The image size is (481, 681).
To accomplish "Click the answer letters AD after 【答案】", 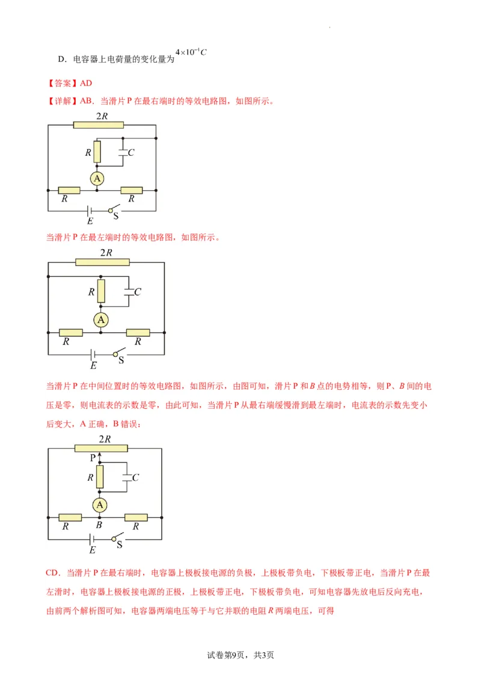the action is tap(86, 84).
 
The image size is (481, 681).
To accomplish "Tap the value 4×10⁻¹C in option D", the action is tap(191, 52).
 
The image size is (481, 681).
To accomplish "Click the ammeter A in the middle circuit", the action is tap(101, 319).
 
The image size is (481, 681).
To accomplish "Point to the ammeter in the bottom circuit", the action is tap(99, 504).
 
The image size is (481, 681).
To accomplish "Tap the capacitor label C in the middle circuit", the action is tap(138, 292).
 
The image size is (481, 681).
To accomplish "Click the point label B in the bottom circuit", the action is tap(99, 526).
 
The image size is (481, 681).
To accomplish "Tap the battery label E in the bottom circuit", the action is tap(92, 550).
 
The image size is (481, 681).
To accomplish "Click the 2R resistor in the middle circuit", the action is tap(102, 262).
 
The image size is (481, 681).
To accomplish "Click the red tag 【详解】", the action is tap(63, 101).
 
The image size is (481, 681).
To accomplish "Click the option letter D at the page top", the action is tap(61, 60).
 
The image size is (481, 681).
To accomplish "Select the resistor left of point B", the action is tap(70, 517).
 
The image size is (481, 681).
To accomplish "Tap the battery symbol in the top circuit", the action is tap(89, 211).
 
